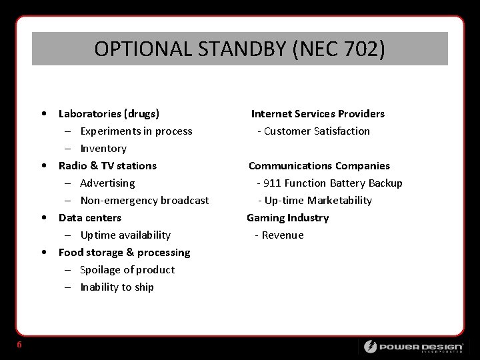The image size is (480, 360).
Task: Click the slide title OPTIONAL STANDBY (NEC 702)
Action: point(240,49)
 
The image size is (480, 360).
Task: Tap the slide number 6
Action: point(20,344)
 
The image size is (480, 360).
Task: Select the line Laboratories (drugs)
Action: point(109,113)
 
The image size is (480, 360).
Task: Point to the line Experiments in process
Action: point(136,131)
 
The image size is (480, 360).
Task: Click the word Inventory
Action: point(103,148)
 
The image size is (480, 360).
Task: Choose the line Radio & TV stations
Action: point(107,165)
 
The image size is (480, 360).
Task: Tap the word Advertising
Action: point(107,183)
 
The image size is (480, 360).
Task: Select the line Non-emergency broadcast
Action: point(144,200)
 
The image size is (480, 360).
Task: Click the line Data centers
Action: point(90,217)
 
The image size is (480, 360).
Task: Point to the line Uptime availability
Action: point(125,235)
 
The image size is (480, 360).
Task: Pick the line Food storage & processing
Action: point(124,252)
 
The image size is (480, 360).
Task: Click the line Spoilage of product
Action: point(127,269)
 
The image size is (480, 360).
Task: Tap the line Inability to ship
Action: point(117,287)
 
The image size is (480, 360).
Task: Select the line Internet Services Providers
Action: point(317,113)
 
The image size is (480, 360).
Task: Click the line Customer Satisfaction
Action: point(317,131)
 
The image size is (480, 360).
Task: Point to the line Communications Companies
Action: point(319,165)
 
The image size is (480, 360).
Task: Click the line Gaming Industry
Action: point(287,217)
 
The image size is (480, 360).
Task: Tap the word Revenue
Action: point(283,235)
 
